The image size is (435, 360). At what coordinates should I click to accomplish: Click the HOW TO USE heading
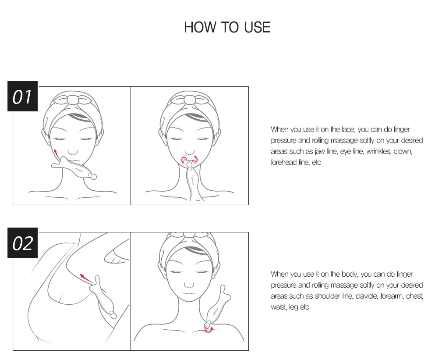[227, 27]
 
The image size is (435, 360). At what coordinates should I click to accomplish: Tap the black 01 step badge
[22, 96]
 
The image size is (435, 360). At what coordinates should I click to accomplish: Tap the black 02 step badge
[22, 243]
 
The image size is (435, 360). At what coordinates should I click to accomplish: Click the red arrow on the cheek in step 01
[57, 154]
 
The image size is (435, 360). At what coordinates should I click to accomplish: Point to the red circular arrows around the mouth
[190, 160]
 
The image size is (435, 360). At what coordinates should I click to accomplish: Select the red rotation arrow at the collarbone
[209, 330]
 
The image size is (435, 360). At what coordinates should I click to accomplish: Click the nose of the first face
[73, 152]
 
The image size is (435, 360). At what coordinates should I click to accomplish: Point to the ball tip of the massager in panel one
[93, 176]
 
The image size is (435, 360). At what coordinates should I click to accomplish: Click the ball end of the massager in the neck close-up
[113, 315]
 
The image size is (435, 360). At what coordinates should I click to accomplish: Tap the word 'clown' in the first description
[403, 151]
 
